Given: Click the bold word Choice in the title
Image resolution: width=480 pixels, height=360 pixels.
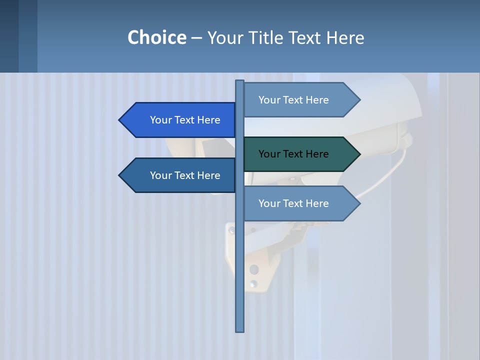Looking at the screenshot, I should tap(156, 37).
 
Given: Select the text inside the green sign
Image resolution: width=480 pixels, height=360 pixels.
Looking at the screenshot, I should tap(293, 154).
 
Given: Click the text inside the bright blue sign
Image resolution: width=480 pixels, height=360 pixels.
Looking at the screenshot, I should tap(185, 120).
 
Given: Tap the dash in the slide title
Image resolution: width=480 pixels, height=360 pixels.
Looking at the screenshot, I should tap(196, 38).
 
